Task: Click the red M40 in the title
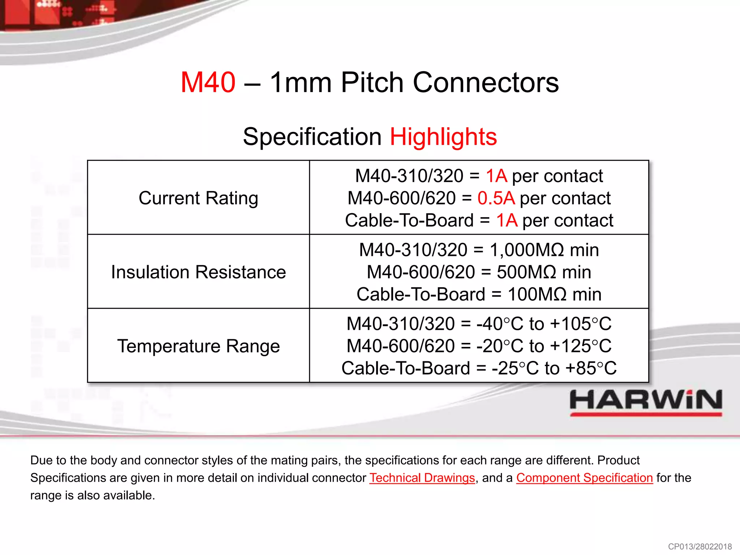[x=208, y=82]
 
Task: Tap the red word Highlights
[x=443, y=137]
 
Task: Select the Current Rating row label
[x=198, y=198]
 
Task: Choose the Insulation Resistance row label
[x=198, y=272]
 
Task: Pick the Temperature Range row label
[x=198, y=346]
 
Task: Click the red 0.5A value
[x=496, y=198]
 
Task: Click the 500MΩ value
[x=526, y=272]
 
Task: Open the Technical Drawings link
[x=422, y=478]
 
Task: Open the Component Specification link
[x=584, y=478]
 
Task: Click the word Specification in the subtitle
[x=312, y=137]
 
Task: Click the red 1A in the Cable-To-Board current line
[x=507, y=220]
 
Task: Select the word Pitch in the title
[x=372, y=82]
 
